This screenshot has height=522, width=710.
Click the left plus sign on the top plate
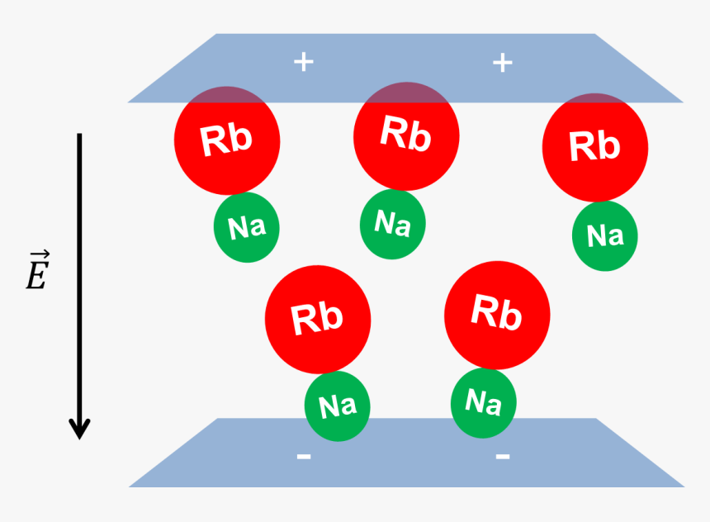pyautogui.click(x=304, y=62)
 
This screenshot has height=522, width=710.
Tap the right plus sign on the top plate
pyautogui.click(x=502, y=62)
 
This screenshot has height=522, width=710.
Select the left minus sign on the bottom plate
pyautogui.click(x=304, y=456)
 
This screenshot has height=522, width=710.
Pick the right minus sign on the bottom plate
pyautogui.click(x=502, y=456)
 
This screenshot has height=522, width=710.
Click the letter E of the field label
pyautogui.click(x=35, y=278)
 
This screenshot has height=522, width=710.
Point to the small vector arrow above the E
pyautogui.click(x=36, y=255)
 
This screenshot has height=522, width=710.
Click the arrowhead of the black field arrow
pyautogui.click(x=79, y=428)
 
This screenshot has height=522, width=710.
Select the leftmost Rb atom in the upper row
pyautogui.click(x=227, y=140)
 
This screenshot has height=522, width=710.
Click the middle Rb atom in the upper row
pyautogui.click(x=406, y=135)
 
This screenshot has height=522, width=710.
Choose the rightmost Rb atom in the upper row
pyautogui.click(x=594, y=147)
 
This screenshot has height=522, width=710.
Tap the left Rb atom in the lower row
pyautogui.click(x=318, y=319)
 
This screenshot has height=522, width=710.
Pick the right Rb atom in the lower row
pyautogui.click(x=497, y=315)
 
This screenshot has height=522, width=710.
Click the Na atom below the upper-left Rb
pyautogui.click(x=246, y=227)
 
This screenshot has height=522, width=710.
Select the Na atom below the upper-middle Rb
pyautogui.click(x=393, y=223)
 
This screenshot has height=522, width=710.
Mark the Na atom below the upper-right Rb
pyautogui.click(x=605, y=235)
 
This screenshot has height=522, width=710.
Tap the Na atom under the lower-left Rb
pyautogui.click(x=337, y=406)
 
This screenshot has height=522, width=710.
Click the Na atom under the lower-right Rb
pyautogui.click(x=484, y=402)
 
